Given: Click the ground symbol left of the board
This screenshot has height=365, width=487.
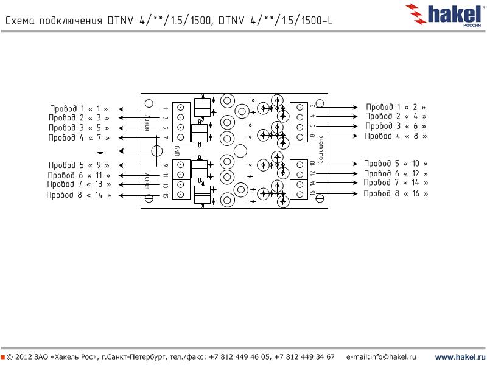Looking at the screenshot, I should pos(100,150).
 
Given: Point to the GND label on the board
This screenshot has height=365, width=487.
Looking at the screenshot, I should pos(177,151).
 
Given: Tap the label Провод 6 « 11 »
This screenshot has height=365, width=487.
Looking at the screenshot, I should pos(79,175).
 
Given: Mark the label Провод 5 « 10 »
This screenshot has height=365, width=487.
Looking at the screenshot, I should pos(396,164).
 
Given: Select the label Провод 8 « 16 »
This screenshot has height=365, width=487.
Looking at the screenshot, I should pos(396,193).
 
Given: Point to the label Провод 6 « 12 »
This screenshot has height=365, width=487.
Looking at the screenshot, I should pos(396,173).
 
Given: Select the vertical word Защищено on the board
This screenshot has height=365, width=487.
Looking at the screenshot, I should pos(320,150).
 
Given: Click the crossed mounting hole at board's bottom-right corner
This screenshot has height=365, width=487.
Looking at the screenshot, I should pos(320,198).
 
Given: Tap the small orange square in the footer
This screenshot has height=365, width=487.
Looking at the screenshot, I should pos(3,356).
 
